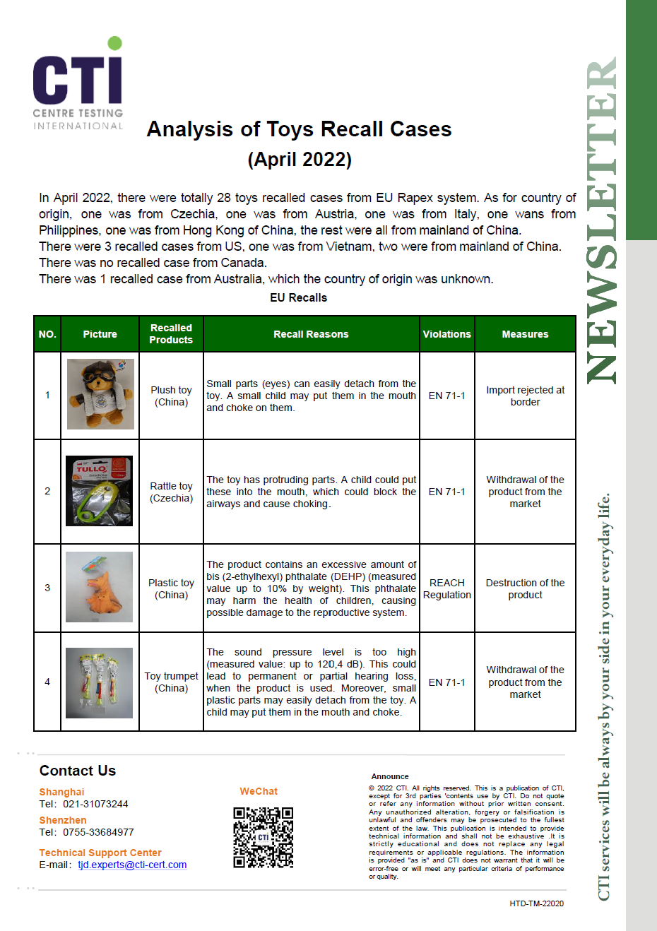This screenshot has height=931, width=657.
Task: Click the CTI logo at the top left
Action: click(78, 83)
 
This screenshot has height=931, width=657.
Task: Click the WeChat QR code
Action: click(263, 837)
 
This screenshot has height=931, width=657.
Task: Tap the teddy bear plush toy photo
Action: click(100, 394)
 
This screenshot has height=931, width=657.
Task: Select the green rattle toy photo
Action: click(99, 491)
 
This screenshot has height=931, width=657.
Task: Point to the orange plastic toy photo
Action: click(99, 587)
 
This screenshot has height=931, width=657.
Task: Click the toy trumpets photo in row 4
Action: click(99, 682)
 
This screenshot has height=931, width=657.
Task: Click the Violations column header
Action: click(446, 334)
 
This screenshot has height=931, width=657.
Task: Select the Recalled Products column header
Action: click(171, 334)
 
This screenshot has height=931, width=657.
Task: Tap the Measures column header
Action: click(525, 334)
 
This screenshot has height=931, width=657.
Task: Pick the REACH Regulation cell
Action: click(446, 588)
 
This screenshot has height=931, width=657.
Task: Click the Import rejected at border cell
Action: click(525, 396)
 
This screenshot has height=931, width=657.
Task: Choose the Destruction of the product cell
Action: click(525, 588)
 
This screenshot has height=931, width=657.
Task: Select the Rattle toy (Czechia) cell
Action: click(171, 492)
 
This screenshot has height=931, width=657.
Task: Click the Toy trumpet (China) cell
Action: click(171, 682)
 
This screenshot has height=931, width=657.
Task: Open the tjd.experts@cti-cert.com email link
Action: click(132, 865)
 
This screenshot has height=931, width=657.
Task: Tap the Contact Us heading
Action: click(78, 771)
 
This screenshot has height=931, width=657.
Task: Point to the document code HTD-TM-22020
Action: click(536, 903)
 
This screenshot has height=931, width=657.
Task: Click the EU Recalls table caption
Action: click(298, 297)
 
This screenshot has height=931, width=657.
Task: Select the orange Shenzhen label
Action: click(63, 820)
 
